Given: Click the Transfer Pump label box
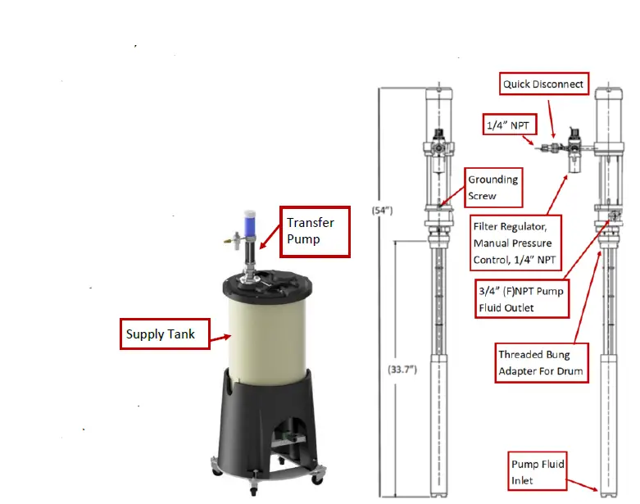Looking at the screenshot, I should click(315, 230).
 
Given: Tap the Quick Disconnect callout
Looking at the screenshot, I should click(543, 84).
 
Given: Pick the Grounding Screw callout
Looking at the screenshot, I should click(492, 188).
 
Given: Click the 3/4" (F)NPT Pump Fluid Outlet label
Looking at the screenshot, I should click(520, 300).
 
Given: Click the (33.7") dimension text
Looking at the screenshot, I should click(403, 370).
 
